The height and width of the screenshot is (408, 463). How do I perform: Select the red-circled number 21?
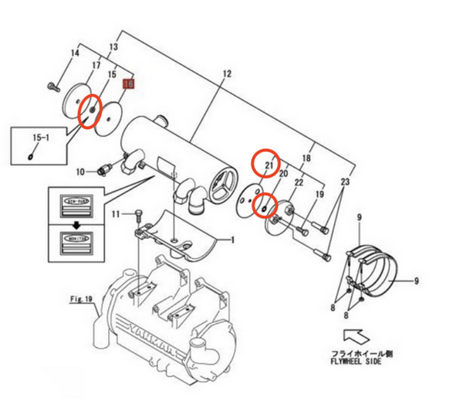point(269,164)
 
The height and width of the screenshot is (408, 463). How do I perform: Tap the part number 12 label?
point(227,74)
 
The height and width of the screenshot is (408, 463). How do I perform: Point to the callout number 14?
point(75,53)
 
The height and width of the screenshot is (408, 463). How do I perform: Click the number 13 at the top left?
point(113,48)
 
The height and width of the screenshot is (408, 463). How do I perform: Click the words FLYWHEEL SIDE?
point(354,359)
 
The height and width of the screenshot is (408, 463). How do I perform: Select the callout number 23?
point(344,182)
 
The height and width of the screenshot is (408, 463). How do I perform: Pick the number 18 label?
point(306,158)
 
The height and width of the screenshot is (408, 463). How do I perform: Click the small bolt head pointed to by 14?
point(52,86)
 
